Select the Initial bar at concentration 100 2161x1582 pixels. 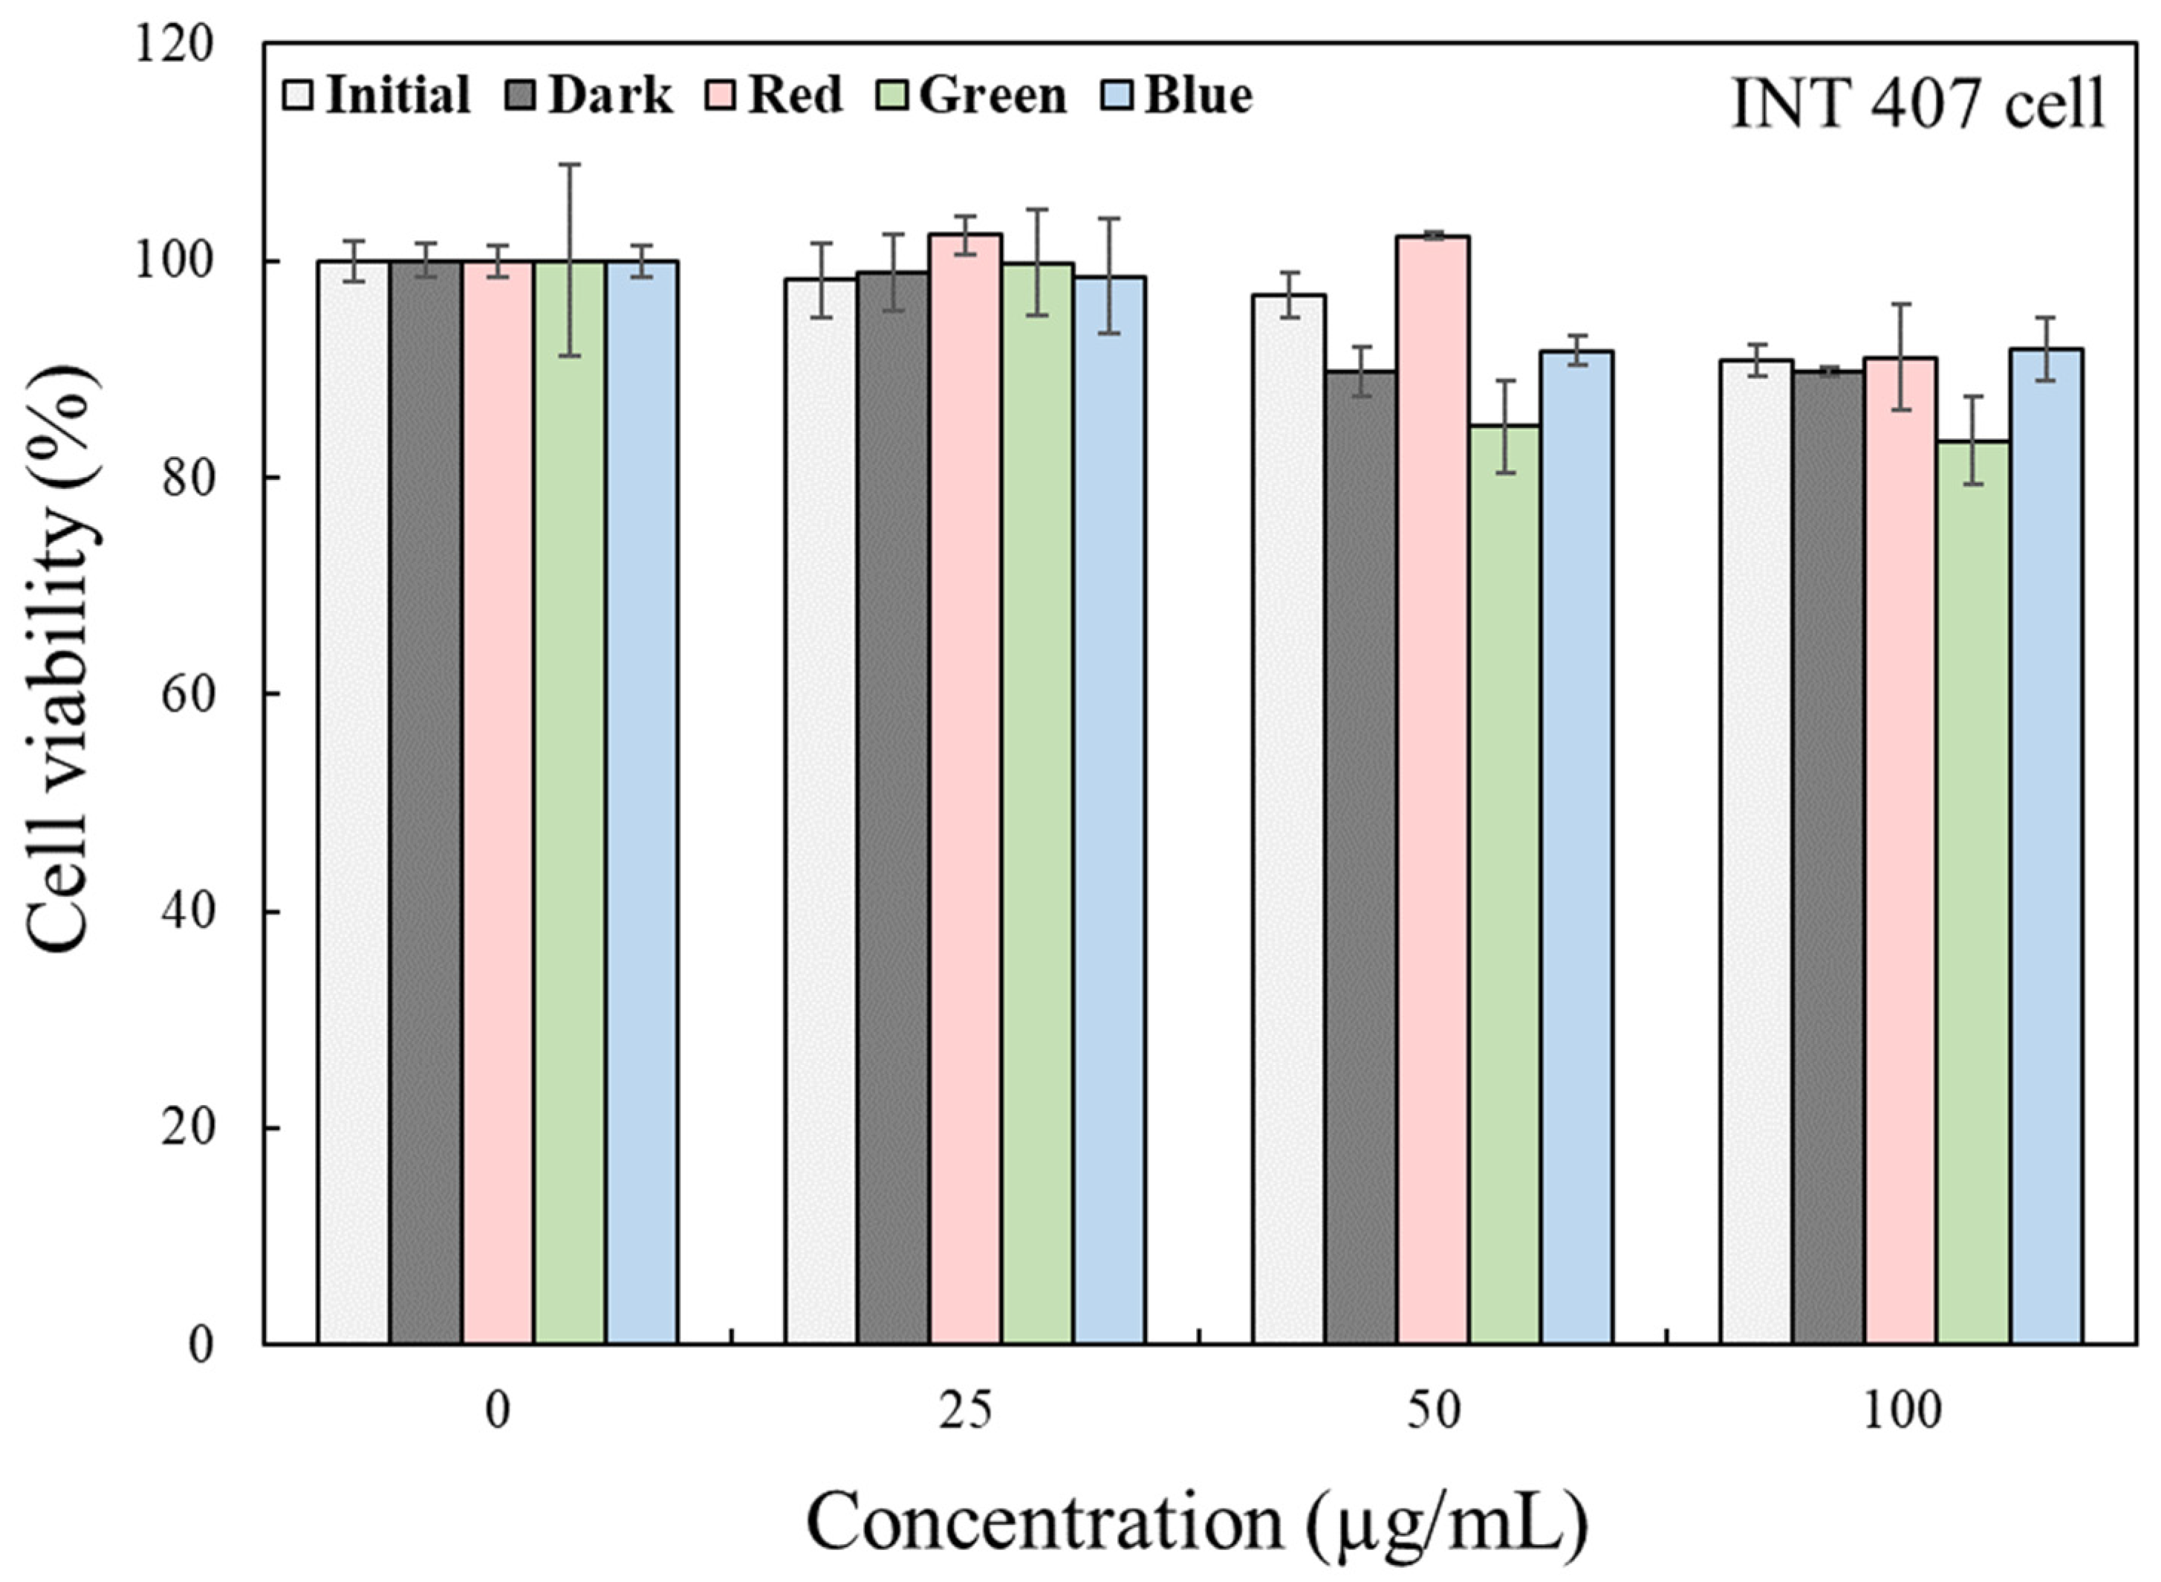pos(1756,852)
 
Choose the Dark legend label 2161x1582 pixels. pos(610,97)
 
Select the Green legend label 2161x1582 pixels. pos(993,97)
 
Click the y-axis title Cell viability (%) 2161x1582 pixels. pos(63,661)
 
